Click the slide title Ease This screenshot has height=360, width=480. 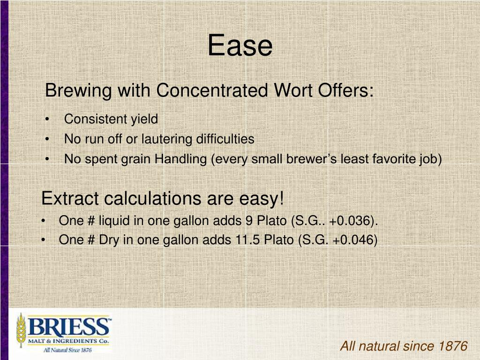pos(240,46)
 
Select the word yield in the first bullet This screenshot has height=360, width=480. pos(144,120)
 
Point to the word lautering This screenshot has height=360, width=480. pos(161,139)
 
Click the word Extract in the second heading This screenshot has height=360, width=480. pos(70,199)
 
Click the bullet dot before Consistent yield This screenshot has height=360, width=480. pos(48,120)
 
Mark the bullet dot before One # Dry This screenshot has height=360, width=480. pos(43,240)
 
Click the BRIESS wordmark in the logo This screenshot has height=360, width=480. pos(68,326)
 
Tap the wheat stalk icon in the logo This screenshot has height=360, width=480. pos(21,330)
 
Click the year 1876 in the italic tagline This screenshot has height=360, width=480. pos(453,346)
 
